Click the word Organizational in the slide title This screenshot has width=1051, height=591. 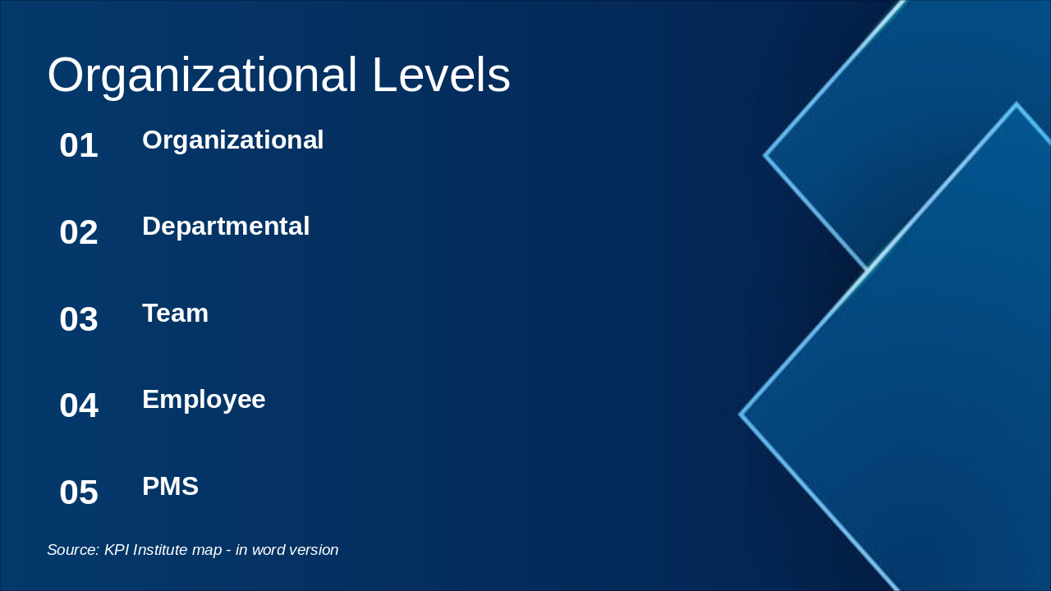coord(202,76)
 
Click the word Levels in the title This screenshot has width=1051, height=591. coord(441,76)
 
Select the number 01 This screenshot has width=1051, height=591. coord(79,146)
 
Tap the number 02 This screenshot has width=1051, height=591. coord(79,232)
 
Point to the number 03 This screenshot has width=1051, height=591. coord(79,319)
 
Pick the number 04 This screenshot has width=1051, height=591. coord(79,405)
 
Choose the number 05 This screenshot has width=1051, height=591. coord(79,492)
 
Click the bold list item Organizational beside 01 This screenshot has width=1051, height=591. coord(233,140)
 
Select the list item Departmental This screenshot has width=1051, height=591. coord(226,227)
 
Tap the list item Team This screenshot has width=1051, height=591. coord(175,314)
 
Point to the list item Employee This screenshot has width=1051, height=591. coord(204,400)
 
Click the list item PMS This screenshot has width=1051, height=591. coord(170,487)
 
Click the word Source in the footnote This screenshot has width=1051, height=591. coord(73,550)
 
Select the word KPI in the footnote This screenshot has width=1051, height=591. coord(117,550)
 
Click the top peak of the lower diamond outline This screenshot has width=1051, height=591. coord(1016,105)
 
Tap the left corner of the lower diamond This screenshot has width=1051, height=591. coord(741,415)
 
